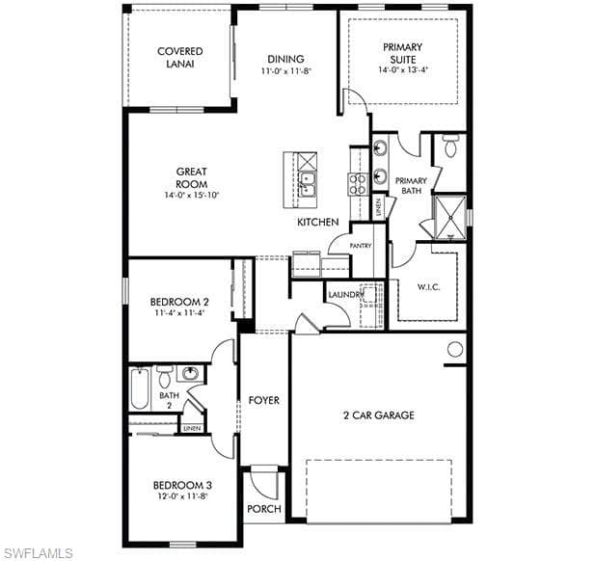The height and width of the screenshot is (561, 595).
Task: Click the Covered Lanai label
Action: tap(180, 57)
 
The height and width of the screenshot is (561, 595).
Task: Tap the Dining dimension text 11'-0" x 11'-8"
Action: tap(286, 71)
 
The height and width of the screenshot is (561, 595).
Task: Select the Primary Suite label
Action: tap(402, 53)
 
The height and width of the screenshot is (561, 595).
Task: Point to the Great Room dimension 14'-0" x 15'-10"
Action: tap(192, 196)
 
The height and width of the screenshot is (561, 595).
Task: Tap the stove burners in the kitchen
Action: tap(358, 184)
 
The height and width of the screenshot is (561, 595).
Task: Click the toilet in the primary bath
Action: tap(450, 146)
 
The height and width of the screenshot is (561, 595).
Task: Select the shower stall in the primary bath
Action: tap(449, 218)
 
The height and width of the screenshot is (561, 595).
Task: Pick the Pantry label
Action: tap(361, 246)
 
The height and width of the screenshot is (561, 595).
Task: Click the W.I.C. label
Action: tap(429, 287)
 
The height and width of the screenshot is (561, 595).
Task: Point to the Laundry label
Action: tap(346, 295)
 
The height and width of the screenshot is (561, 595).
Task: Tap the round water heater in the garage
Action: tap(455, 349)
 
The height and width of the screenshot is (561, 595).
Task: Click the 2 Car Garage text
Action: tap(379, 414)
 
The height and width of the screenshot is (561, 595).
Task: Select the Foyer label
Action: tap(263, 400)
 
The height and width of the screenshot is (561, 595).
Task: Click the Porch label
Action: tap(264, 509)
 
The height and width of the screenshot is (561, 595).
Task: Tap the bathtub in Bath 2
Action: tap(140, 388)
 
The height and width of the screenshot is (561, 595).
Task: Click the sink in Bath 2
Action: tap(190, 374)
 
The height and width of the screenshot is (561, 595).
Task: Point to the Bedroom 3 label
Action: tap(182, 485)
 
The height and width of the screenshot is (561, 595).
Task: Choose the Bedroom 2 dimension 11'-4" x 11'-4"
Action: tap(179, 313)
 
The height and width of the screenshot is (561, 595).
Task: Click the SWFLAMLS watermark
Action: tap(37, 552)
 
